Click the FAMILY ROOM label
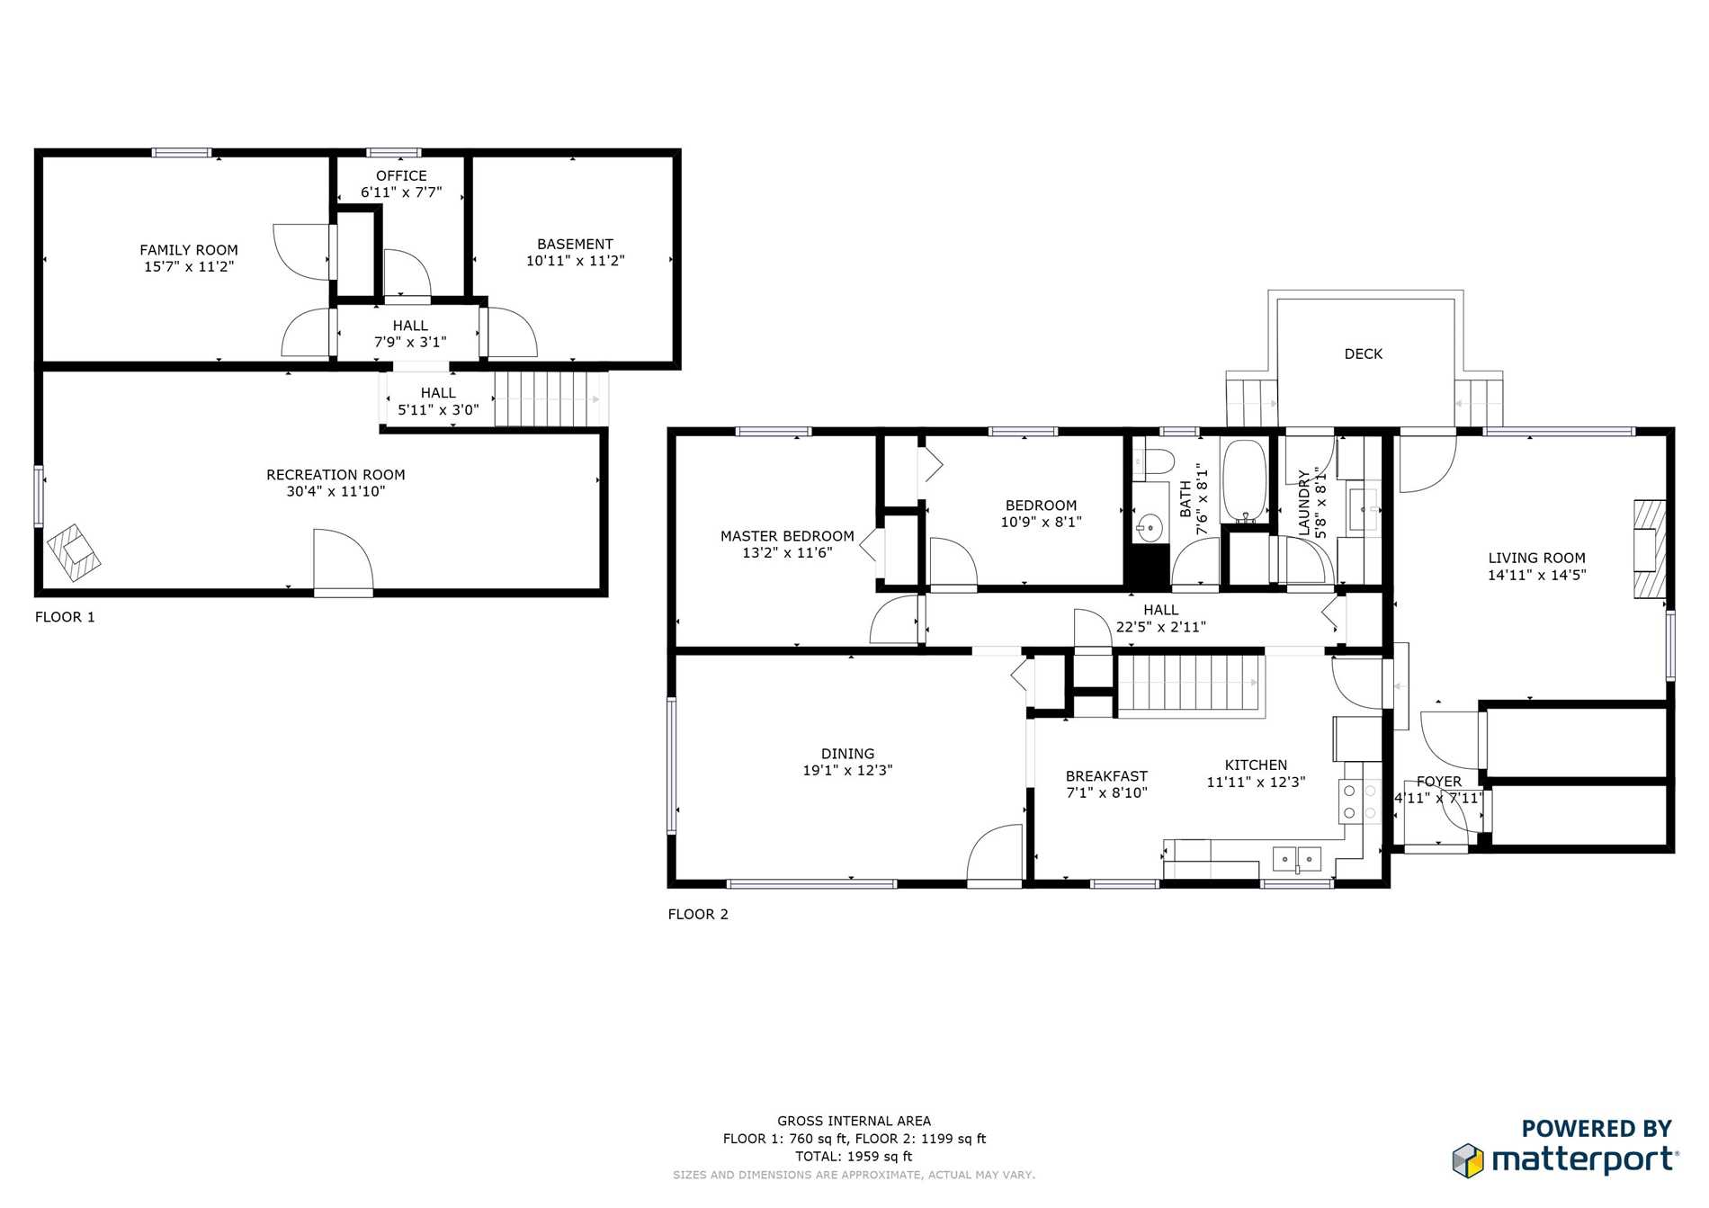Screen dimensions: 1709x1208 (189, 250)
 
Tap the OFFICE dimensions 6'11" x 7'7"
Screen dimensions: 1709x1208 (401, 192)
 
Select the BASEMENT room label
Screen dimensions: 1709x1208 (575, 245)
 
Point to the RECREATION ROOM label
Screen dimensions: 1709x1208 (336, 475)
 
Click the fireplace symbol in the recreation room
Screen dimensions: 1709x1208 (74, 552)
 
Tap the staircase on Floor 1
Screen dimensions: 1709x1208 (548, 398)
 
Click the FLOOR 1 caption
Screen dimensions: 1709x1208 (65, 617)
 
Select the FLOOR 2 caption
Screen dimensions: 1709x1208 (698, 915)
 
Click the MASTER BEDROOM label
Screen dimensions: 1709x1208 (787, 536)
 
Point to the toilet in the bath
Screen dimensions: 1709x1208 (1154, 462)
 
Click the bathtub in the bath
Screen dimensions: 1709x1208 (1245, 481)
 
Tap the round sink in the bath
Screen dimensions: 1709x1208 (1149, 526)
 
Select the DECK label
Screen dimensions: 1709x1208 (1364, 354)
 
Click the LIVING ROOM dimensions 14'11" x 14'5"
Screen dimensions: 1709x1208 (1536, 575)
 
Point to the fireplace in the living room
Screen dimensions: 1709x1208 (1650, 550)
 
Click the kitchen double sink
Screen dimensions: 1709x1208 (1297, 859)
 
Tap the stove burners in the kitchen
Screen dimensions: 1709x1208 (1359, 801)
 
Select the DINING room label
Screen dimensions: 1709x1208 (847, 754)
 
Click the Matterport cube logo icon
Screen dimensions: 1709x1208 (1468, 1160)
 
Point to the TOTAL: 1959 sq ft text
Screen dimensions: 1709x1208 (854, 1157)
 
